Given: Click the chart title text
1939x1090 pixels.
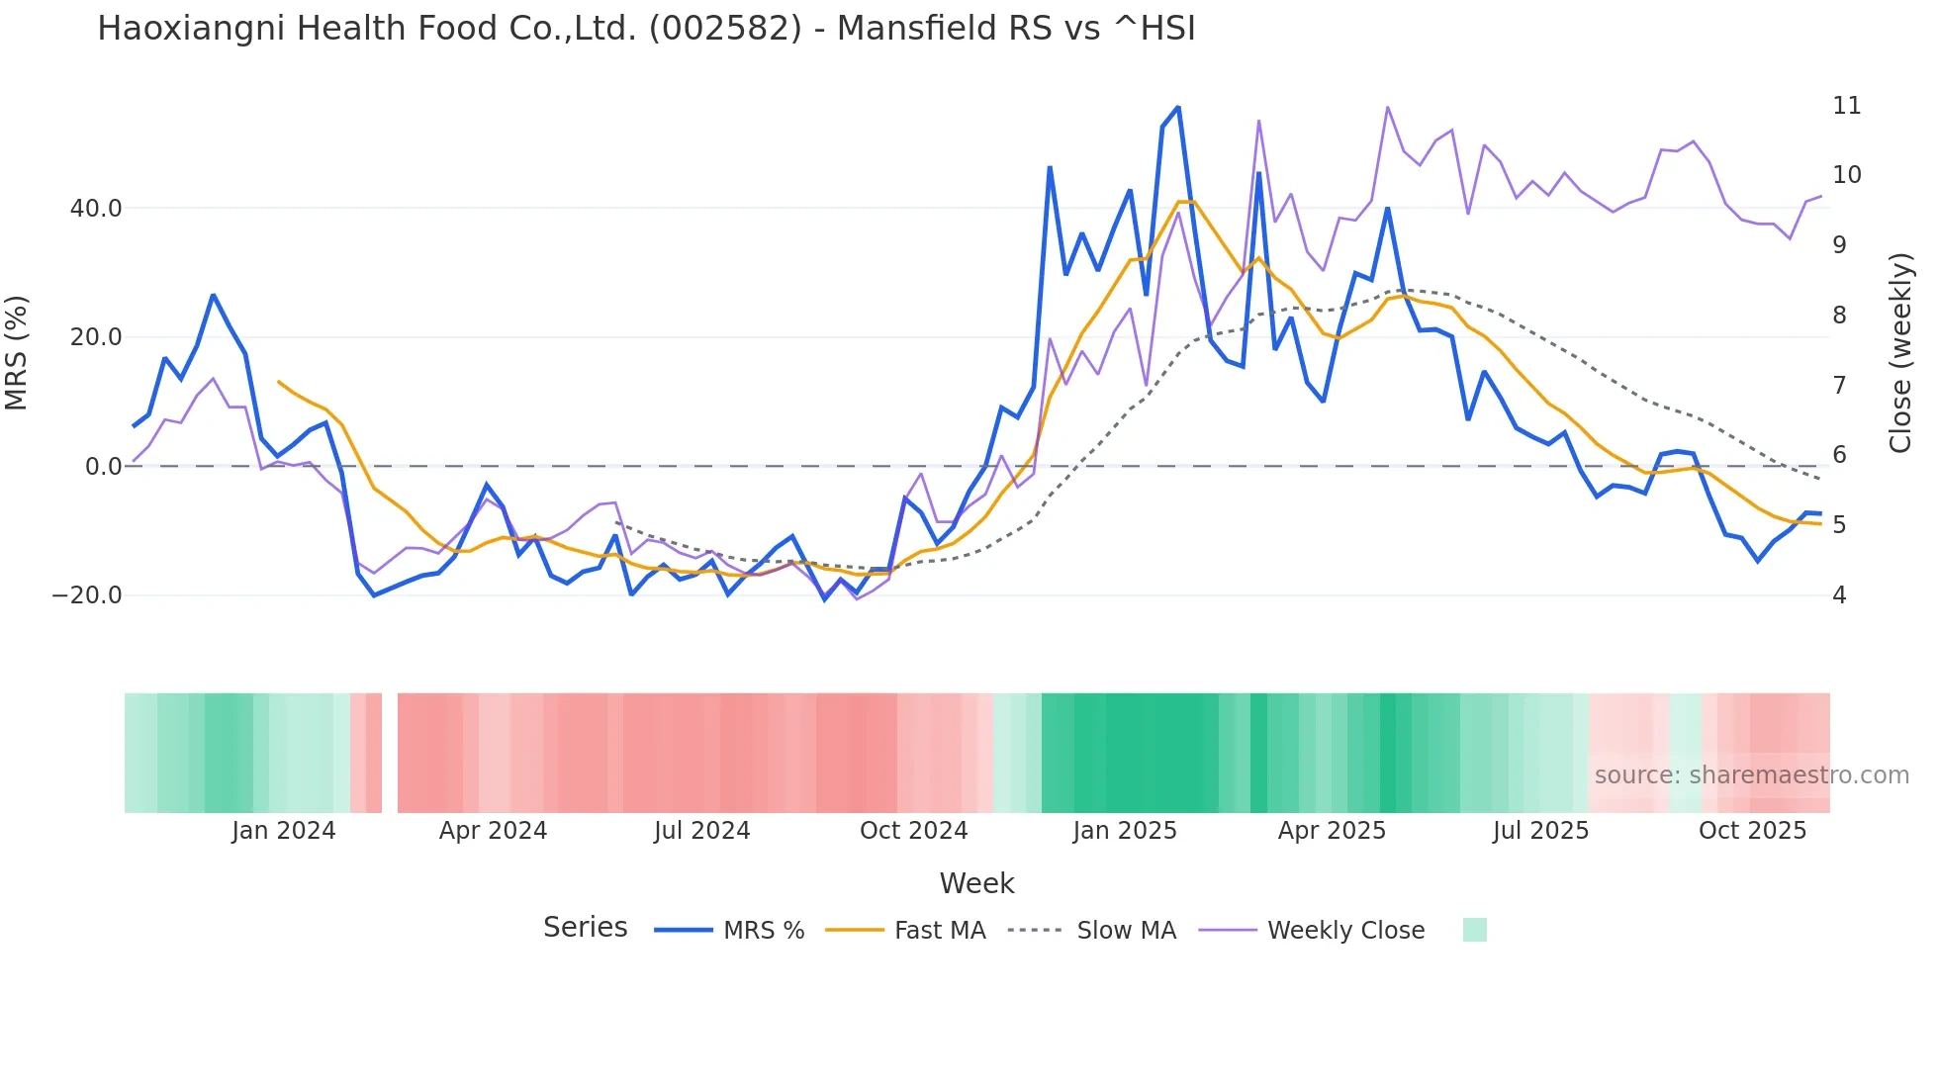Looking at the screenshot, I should pyautogui.click(x=646, y=29).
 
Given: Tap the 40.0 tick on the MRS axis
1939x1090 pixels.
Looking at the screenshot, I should pyautogui.click(x=96, y=209).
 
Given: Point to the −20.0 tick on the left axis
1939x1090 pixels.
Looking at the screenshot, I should pyautogui.click(x=87, y=595).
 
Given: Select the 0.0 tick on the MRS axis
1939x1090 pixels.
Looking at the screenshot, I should pyautogui.click(x=104, y=467).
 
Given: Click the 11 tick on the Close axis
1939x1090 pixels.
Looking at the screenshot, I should pyautogui.click(x=1846, y=106).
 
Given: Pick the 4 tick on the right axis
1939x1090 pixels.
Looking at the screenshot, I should pyautogui.click(x=1839, y=595).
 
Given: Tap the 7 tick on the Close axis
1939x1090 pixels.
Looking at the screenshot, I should pyautogui.click(x=1839, y=385).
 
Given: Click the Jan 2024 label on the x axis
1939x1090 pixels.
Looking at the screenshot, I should pyautogui.click(x=284, y=831).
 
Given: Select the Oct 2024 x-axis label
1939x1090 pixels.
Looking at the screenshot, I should pyautogui.click(x=913, y=831).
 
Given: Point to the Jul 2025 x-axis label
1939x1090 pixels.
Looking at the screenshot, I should pyautogui.click(x=1540, y=831).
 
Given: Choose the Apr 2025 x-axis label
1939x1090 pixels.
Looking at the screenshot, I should pyautogui.click(x=1332, y=831).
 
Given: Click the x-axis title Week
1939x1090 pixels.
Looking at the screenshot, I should pyautogui.click(x=976, y=883).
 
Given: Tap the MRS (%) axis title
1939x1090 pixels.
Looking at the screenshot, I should pyautogui.click(x=17, y=352).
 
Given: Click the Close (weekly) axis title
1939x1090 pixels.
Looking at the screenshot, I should pyautogui.click(x=1900, y=353).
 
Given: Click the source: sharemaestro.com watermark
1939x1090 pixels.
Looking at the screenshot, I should pyautogui.click(x=1751, y=775).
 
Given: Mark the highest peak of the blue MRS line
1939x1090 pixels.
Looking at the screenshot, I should pyautogui.click(x=1178, y=107).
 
